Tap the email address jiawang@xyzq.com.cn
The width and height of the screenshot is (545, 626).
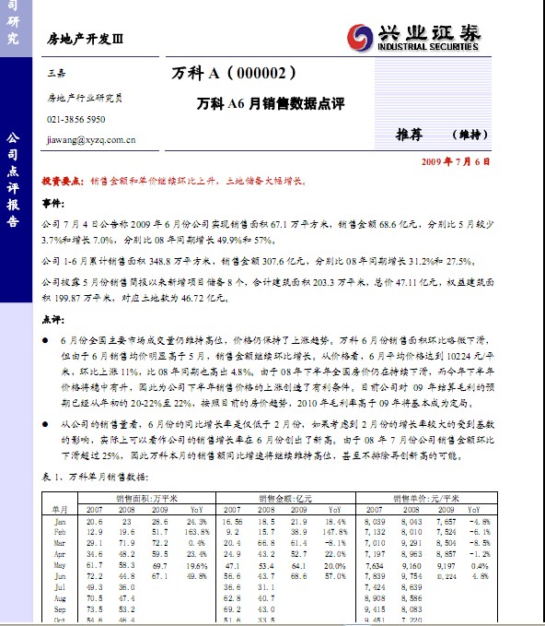coord(91,140)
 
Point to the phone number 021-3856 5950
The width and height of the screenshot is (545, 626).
coord(76,120)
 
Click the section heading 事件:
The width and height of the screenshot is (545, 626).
coord(54,202)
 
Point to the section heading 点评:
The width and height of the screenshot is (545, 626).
coord(54,319)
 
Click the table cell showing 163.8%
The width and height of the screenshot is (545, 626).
coord(194,533)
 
